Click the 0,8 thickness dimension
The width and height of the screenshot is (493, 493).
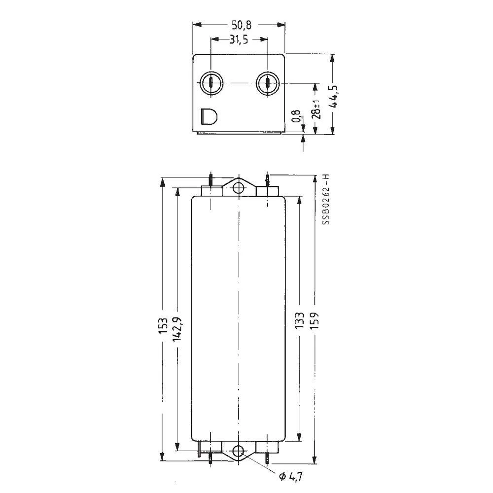(x=296, y=116)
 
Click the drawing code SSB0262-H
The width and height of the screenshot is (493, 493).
(x=325, y=200)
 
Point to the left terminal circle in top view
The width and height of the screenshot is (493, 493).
(x=211, y=83)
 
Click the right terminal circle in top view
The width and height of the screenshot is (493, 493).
(x=267, y=83)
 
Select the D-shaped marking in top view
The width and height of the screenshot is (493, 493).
(x=209, y=116)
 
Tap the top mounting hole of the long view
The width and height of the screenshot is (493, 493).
(x=239, y=188)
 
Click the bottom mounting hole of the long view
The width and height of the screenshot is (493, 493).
(x=239, y=451)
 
